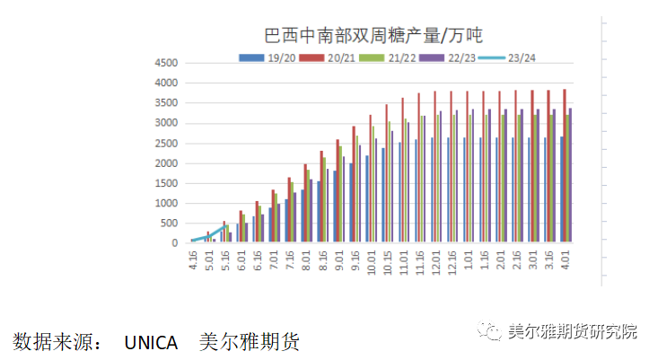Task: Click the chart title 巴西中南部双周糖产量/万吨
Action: click(373, 36)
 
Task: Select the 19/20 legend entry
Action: click(268, 57)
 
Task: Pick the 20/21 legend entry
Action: click(329, 57)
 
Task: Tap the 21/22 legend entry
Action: click(390, 57)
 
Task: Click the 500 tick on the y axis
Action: click(168, 224)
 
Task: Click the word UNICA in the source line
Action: click(150, 342)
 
